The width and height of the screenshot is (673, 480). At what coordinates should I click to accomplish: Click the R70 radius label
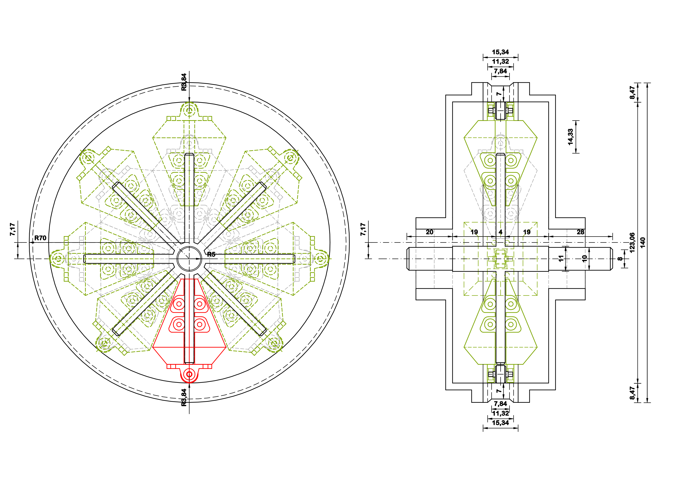tap(40, 238)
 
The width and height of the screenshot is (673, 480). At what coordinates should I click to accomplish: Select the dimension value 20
tap(429, 232)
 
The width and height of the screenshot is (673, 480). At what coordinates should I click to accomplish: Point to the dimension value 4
tap(500, 232)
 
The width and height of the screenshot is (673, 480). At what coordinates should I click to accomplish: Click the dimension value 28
tap(580, 232)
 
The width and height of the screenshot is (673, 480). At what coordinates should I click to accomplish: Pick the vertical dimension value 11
tap(560, 259)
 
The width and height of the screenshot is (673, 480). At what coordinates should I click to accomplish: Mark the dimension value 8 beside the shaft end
tap(620, 259)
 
